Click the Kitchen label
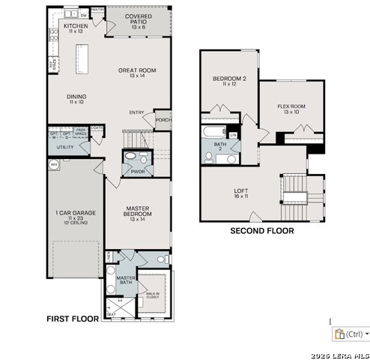pos(76,28)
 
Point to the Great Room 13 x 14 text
pos(136,73)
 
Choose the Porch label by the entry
pos(163,119)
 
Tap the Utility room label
pos(65,147)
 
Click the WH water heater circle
pos(53,163)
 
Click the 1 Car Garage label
pos(75,217)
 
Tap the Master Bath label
pos(125,281)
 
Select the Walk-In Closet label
pos(153,296)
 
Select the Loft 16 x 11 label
pos(241,193)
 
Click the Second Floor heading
pos(261,231)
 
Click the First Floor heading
pos(73,319)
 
